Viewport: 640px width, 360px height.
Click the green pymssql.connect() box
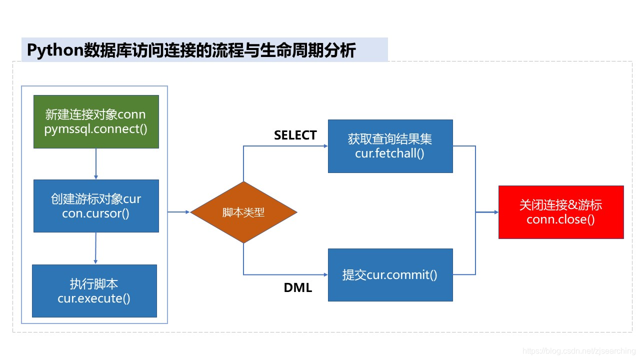[x=96, y=121]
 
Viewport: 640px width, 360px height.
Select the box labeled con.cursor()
[x=96, y=206]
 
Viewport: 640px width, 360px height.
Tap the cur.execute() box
[x=94, y=291]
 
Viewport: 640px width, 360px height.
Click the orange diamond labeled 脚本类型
[x=243, y=212]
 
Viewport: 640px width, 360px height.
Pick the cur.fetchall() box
[x=390, y=146]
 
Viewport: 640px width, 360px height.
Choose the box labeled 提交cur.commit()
[x=390, y=275]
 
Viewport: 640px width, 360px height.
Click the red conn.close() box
[x=561, y=212]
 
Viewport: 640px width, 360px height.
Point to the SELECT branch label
[x=295, y=135]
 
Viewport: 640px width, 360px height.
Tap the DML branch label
[x=298, y=287]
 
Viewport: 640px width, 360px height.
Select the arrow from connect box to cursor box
[x=96, y=164]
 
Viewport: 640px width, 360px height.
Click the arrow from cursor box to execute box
[x=95, y=248]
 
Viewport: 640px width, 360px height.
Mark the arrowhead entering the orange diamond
[x=187, y=212]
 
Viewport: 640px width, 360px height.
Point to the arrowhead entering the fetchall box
[x=325, y=146]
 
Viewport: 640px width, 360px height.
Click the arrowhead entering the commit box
[x=325, y=275]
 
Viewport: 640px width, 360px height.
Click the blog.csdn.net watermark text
[x=578, y=351]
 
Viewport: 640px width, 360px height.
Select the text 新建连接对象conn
[x=95, y=114]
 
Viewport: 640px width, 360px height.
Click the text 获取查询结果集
[x=390, y=139]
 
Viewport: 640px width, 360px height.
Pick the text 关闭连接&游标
[x=560, y=205]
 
